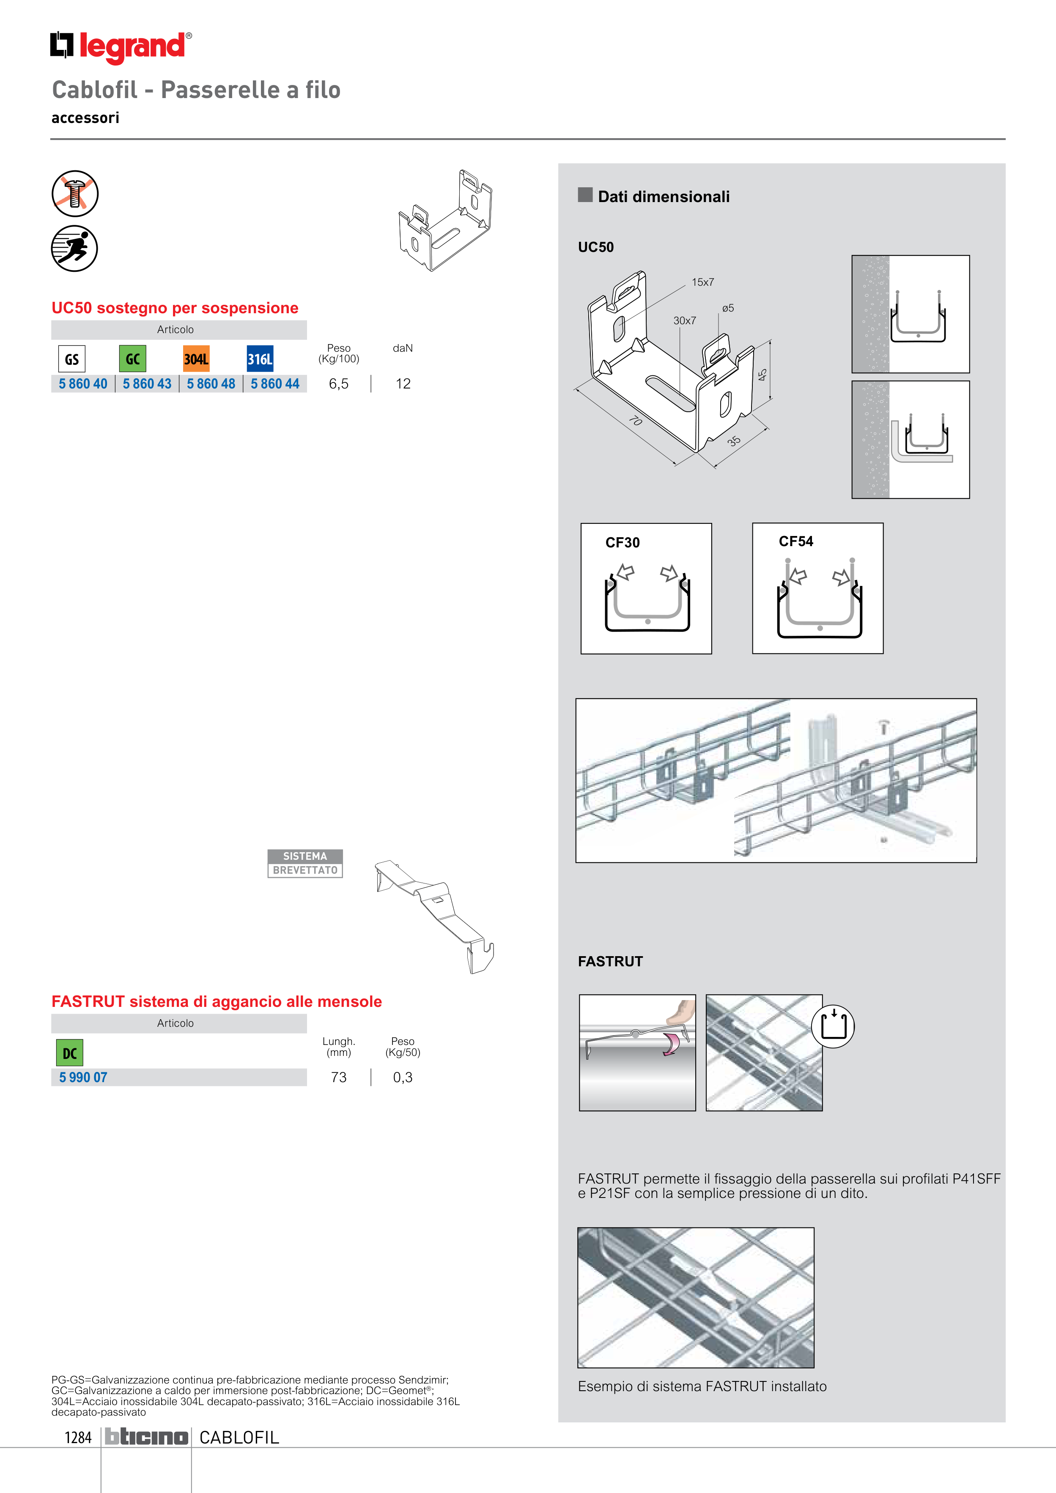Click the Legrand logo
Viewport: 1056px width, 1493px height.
[121, 47]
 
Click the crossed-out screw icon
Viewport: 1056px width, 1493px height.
[75, 194]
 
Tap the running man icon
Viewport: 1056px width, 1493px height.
[75, 249]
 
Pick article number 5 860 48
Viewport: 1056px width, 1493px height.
[211, 384]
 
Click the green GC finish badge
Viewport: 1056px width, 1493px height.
[133, 359]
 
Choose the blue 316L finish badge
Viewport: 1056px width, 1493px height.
[260, 359]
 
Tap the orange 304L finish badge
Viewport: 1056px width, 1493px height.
[196, 359]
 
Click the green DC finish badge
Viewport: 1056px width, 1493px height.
[70, 1053]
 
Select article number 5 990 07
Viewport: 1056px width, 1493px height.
[83, 1077]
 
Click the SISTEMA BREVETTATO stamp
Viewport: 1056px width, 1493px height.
[305, 864]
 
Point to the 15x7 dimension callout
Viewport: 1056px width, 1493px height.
[703, 282]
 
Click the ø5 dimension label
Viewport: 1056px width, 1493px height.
[728, 308]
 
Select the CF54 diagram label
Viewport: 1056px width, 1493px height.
[796, 541]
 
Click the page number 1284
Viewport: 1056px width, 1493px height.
[78, 1437]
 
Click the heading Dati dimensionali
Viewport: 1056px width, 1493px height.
[664, 197]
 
